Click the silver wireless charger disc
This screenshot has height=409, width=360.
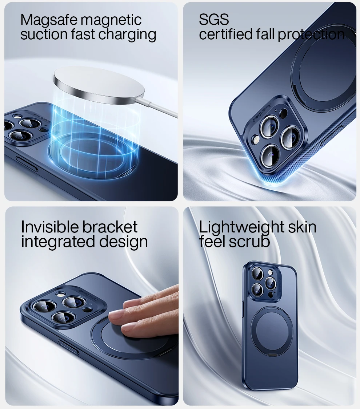pyautogui.click(x=99, y=85)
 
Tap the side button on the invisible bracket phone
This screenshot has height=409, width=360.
pyautogui.click(x=68, y=347)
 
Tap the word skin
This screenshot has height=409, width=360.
pyautogui.click(x=302, y=227)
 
